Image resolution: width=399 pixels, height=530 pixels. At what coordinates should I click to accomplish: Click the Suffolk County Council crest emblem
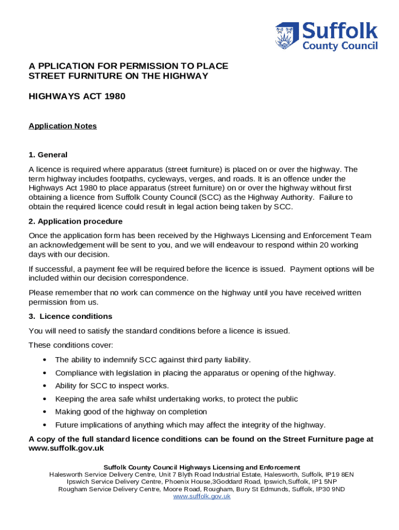[287, 36]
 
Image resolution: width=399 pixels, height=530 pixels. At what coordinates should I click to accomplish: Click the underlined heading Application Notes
[63, 126]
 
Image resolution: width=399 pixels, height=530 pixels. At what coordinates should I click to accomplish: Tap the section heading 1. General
[48, 155]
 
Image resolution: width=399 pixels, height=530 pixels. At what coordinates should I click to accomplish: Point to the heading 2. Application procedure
[76, 222]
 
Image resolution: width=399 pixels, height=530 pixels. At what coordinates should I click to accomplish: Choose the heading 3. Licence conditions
[70, 316]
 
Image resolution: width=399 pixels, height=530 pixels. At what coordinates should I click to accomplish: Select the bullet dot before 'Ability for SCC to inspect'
[46, 386]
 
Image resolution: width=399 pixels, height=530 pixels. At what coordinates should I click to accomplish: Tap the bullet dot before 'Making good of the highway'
[46, 412]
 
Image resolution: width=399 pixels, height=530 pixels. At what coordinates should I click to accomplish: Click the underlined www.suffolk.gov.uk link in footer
[202, 496]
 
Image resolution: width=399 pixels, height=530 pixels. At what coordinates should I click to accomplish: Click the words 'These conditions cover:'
[70, 345]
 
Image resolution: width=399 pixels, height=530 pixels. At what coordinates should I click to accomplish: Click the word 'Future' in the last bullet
[66, 425]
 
